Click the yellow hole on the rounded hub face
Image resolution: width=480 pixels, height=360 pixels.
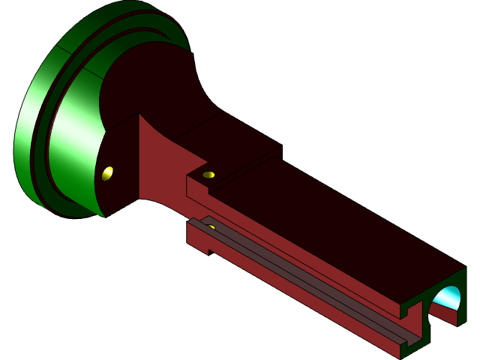tap(107, 173)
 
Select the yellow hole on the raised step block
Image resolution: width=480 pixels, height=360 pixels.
tap(208, 175)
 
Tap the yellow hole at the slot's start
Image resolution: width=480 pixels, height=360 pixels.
tap(211, 226)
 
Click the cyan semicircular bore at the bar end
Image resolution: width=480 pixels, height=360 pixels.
tap(448, 297)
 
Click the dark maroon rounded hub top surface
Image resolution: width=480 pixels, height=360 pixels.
tap(150, 82)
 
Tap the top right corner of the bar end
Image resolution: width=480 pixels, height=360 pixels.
tap(466, 268)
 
